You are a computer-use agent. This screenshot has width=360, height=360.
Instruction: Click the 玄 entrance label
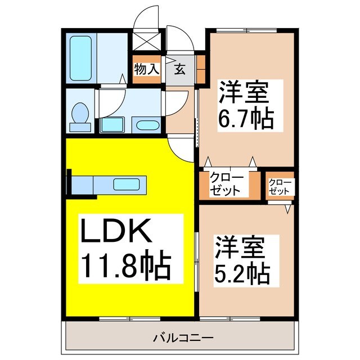point(180,69)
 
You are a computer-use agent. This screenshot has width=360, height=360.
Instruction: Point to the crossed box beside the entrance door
point(146,42)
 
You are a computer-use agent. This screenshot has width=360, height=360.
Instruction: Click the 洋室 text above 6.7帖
point(243,90)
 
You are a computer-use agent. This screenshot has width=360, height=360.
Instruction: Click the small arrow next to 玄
point(169,62)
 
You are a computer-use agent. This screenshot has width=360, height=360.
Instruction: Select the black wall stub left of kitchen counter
point(69,184)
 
